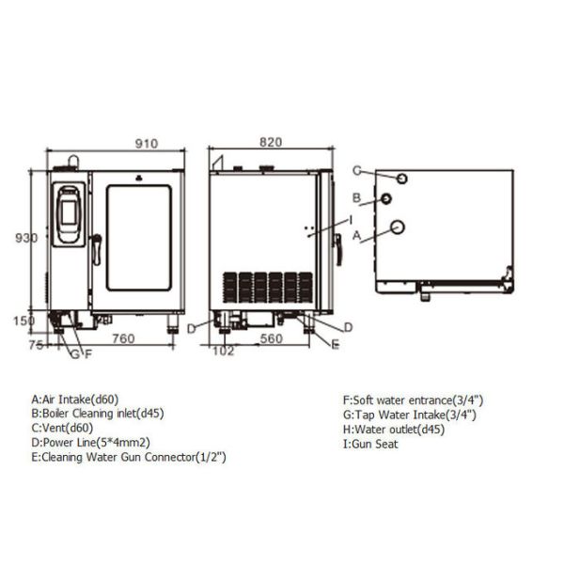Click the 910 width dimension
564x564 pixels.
pyautogui.click(x=147, y=144)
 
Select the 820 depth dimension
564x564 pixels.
pyautogui.click(x=271, y=143)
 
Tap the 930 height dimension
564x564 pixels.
pyautogui.click(x=26, y=238)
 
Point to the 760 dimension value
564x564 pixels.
pyautogui.click(x=123, y=338)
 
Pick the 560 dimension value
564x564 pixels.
pyautogui.click(x=271, y=338)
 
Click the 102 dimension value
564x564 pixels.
pyautogui.click(x=224, y=351)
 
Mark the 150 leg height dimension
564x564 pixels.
pyautogui.click(x=23, y=321)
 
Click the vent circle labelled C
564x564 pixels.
pyautogui.click(x=401, y=179)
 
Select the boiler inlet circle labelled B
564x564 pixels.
pyautogui.click(x=386, y=198)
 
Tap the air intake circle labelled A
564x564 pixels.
pyautogui.click(x=398, y=227)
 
